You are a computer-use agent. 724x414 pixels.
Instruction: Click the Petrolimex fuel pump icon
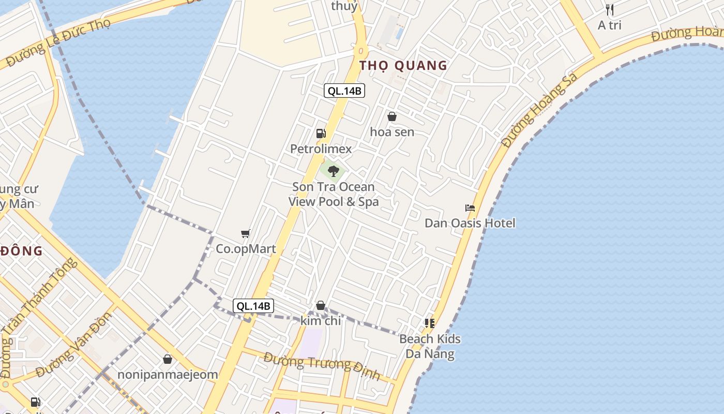coord(321,134)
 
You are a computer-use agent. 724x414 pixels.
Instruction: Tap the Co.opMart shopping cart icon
coord(246,234)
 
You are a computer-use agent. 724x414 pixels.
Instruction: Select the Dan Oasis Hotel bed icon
coord(470,208)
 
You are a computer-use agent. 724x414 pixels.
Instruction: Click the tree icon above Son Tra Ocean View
coord(334,171)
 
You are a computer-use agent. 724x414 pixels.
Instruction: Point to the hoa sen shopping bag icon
coord(392,117)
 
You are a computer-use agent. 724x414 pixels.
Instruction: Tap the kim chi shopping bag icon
coord(321,305)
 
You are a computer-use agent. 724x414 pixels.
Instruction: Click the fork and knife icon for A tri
coord(610,10)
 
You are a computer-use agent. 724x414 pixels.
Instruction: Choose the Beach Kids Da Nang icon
coord(429,323)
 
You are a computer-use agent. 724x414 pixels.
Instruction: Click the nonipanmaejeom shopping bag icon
coord(168,359)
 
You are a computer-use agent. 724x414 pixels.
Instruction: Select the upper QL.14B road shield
coord(344,91)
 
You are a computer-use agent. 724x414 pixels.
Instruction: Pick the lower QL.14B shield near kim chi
coord(253,306)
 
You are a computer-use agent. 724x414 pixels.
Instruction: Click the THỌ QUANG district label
coord(403,66)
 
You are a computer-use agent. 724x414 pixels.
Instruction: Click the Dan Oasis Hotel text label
coord(470,224)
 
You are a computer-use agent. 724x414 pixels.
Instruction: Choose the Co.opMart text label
coord(246,249)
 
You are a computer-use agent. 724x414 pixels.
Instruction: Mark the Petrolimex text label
coord(321,149)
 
